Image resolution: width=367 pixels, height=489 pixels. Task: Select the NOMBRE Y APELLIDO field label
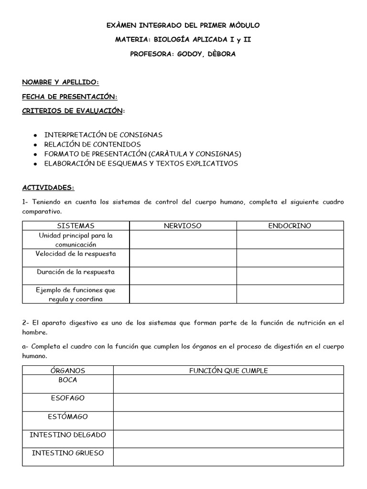pos(60,82)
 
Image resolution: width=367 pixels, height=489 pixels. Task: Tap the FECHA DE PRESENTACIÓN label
pos(69,96)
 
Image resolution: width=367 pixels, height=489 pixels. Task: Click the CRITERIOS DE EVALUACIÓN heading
pos(73,111)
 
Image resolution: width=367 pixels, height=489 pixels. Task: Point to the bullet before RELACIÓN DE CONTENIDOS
pos(35,145)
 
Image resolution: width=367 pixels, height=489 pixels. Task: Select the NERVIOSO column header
pos(183,225)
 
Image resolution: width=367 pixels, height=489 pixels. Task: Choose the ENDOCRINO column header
pos(290,225)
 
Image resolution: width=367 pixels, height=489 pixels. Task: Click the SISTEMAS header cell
pos(76,225)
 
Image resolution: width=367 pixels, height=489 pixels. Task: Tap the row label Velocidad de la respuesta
pos(76,254)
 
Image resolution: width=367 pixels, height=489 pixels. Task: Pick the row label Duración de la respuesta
pos(76,272)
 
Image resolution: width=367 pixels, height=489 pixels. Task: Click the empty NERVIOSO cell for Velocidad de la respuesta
pos(183,257)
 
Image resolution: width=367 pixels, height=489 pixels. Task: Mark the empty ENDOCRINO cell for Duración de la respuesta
pos(290,276)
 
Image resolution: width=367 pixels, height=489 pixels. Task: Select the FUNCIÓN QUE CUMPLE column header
pos(228,371)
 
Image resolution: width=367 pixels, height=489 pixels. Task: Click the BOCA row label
pos(67,380)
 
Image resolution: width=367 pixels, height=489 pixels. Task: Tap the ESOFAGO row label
pos(67,398)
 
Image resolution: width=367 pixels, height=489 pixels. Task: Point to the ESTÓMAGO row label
pos(67,416)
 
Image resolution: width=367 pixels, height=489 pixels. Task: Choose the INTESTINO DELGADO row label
pos(67,435)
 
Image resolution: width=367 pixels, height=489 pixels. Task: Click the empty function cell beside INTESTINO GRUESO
pos(228,457)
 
